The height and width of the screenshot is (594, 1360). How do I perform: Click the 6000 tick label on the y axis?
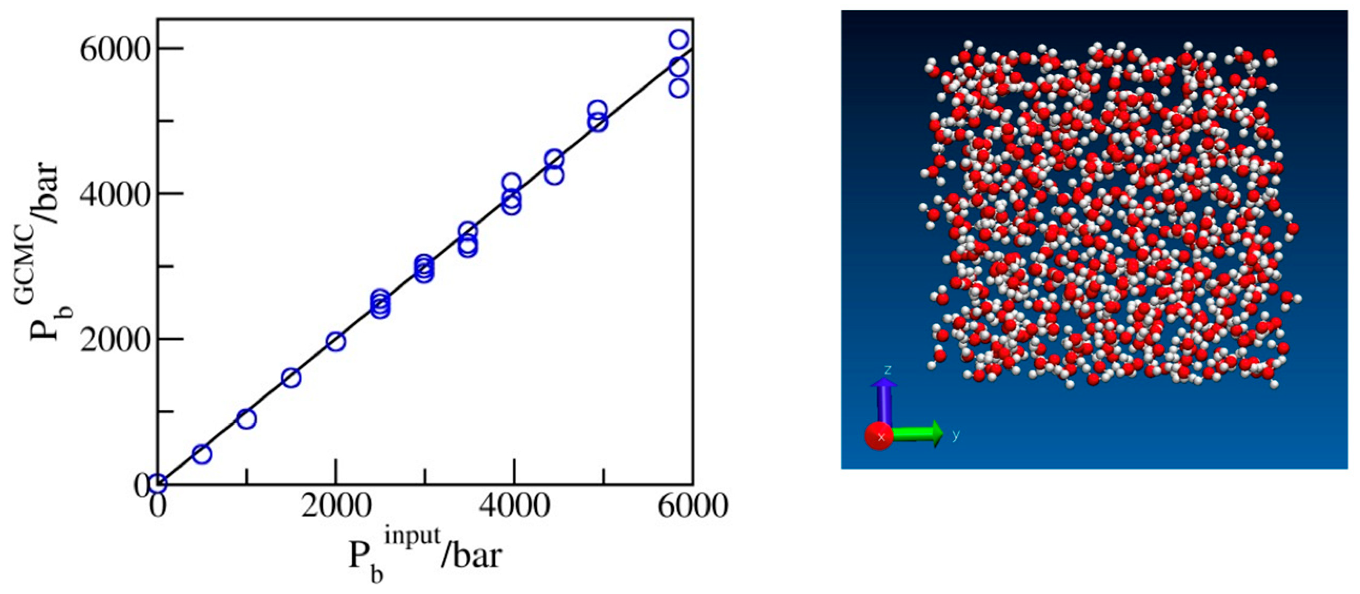(115, 50)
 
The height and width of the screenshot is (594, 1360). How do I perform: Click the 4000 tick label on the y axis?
(115, 195)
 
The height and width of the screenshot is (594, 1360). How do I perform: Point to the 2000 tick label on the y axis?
(115, 341)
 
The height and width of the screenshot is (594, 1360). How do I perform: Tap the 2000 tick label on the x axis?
(336, 506)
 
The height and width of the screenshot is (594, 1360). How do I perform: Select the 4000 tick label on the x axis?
(514, 506)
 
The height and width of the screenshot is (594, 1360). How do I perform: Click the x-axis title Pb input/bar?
(425, 555)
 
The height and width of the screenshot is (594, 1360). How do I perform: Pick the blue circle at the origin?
(158, 482)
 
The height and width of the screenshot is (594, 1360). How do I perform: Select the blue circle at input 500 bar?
(202, 453)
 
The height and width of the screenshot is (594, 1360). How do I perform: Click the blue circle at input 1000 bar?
(246, 419)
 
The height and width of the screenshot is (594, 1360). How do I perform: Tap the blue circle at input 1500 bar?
(292, 378)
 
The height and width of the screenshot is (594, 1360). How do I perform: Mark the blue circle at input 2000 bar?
(336, 342)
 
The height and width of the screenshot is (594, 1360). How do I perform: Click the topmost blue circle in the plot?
(679, 39)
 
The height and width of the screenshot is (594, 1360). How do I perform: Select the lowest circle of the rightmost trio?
(679, 88)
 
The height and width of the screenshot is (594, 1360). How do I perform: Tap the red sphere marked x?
(879, 437)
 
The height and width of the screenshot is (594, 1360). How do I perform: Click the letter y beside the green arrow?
(956, 435)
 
